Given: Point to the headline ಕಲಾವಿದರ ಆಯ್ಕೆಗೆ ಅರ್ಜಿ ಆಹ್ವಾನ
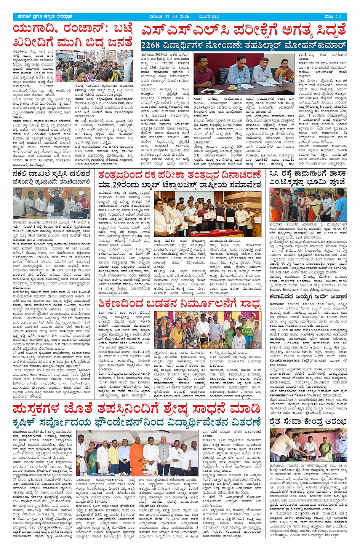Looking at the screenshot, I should (x=308, y=296).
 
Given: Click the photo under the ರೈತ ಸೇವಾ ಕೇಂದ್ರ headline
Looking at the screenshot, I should (x=308, y=446).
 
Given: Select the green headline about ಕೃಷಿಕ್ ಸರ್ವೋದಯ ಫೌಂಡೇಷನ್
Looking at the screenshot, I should (x=136, y=422).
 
